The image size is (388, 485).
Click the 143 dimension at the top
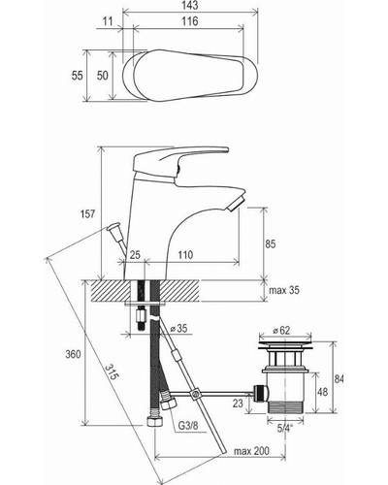tap(189, 5)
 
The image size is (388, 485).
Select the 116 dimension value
tap(190, 21)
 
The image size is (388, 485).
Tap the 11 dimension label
tap(108, 21)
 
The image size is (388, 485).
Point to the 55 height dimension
tap(77, 76)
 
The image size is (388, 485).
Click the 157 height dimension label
tap(87, 213)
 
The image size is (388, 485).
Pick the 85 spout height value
tap(270, 243)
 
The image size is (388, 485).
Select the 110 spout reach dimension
tap(185, 255)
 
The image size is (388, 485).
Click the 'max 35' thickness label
tap(284, 290)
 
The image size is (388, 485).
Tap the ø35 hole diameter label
tap(178, 329)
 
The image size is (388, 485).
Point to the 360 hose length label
tap(73, 354)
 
